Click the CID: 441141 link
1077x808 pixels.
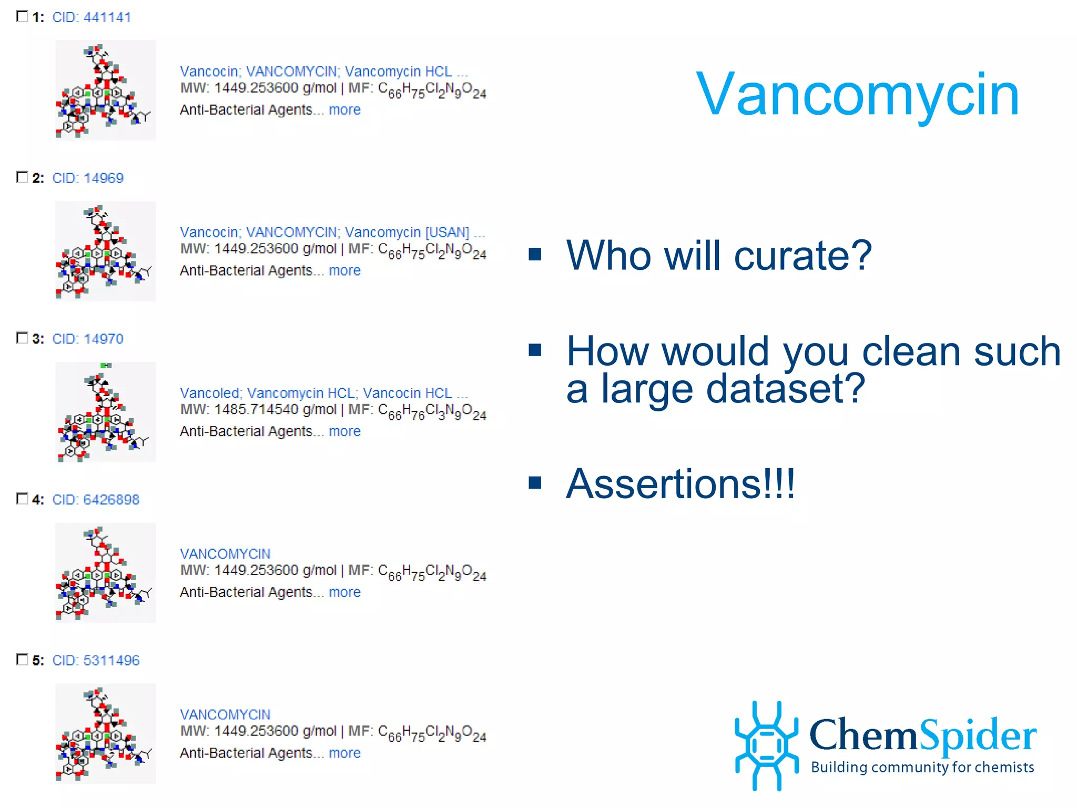[x=91, y=17]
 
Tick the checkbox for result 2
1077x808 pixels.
[x=22, y=177]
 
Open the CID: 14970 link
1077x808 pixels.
[x=87, y=339]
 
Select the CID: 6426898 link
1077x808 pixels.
[x=95, y=500]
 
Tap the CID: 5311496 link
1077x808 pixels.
[x=95, y=661]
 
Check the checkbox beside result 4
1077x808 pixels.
[x=22, y=499]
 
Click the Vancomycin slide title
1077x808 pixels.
[x=857, y=95]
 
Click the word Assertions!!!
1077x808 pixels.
[x=680, y=484]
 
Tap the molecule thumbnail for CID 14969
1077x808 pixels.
[x=105, y=251]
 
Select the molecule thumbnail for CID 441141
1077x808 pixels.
[x=105, y=90]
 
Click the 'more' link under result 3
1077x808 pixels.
[x=344, y=431]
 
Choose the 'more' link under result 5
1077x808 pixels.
[x=344, y=753]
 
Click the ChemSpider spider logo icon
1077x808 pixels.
[x=767, y=745]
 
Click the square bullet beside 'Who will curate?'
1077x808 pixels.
[x=535, y=255]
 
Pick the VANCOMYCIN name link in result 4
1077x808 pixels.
[x=225, y=554]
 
